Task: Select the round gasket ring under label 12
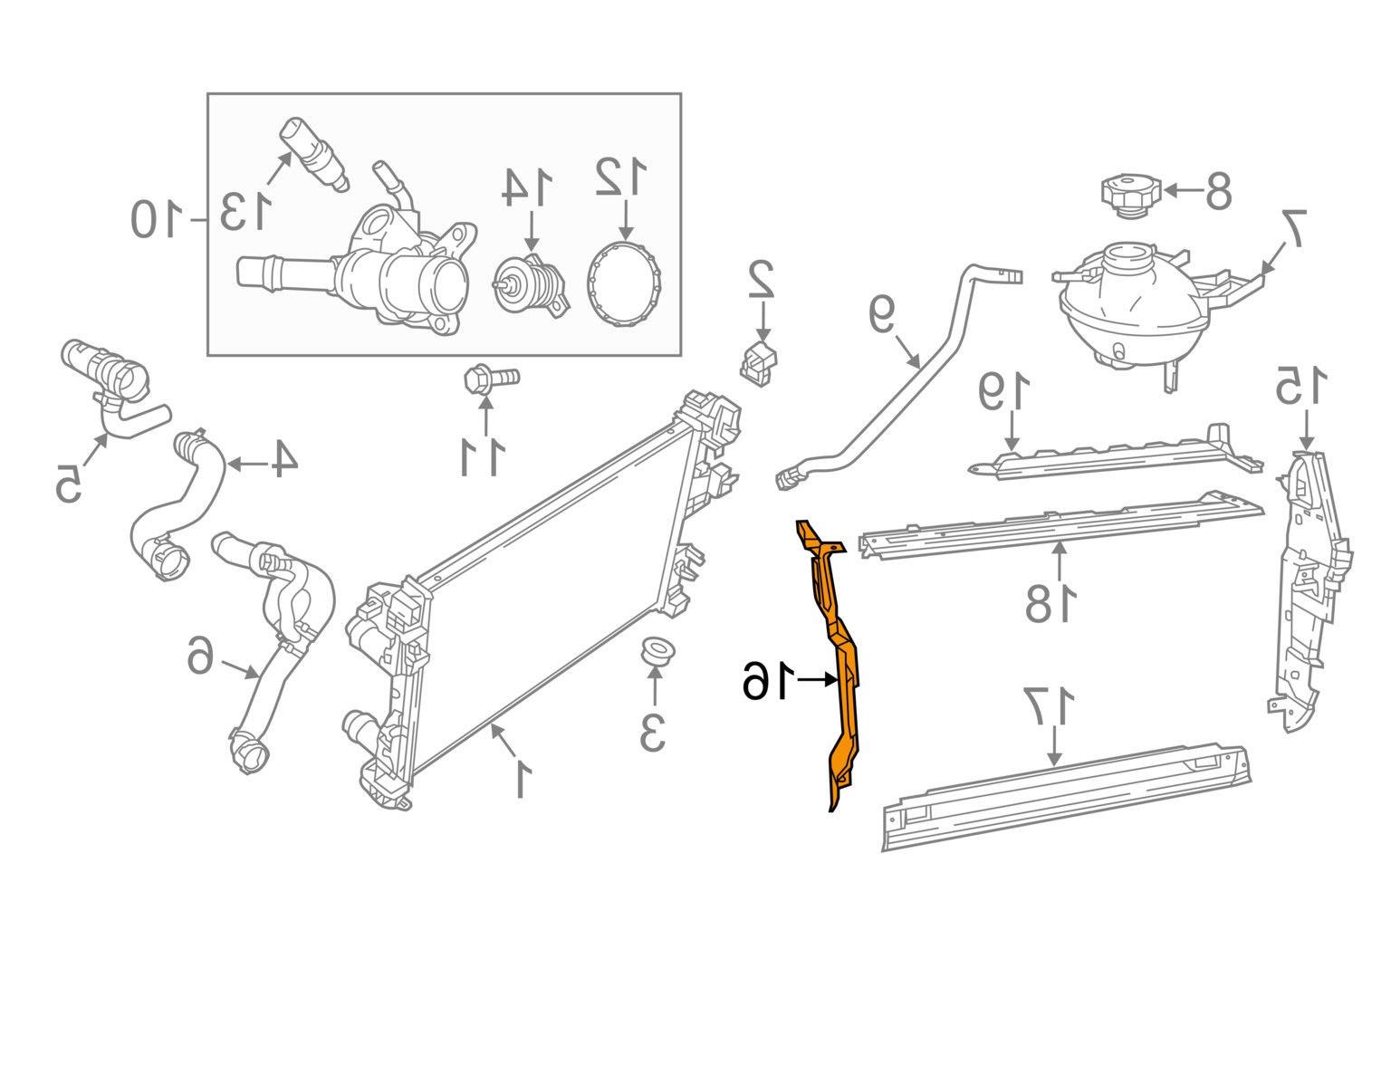pos(624,283)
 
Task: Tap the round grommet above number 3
pos(653,652)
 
